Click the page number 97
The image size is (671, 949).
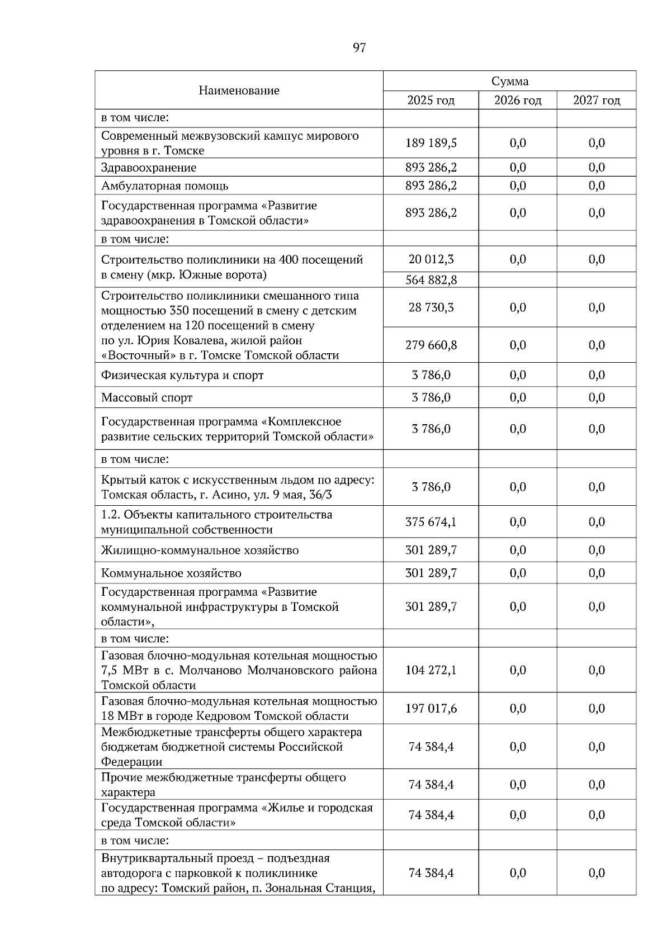(359, 48)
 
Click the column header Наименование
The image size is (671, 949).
(239, 91)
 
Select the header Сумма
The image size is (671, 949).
(509, 82)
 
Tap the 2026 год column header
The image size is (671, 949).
(518, 101)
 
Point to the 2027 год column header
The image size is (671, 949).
(596, 101)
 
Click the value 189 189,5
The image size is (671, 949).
(431, 143)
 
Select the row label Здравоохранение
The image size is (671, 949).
(149, 168)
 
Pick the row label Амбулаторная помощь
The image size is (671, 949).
(164, 186)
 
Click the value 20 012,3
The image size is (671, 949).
(431, 259)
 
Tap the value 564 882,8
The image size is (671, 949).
(431, 280)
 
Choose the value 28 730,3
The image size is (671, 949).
(431, 307)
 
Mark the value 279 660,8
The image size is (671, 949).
(431, 345)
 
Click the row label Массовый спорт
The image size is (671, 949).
(147, 398)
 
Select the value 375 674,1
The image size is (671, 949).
(431, 522)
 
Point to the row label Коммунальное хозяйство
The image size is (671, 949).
(171, 573)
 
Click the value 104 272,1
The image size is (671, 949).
(431, 670)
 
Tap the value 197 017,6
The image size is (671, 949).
(431, 709)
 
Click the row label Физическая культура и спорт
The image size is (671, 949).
(182, 376)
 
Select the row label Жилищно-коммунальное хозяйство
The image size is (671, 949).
(200, 551)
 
